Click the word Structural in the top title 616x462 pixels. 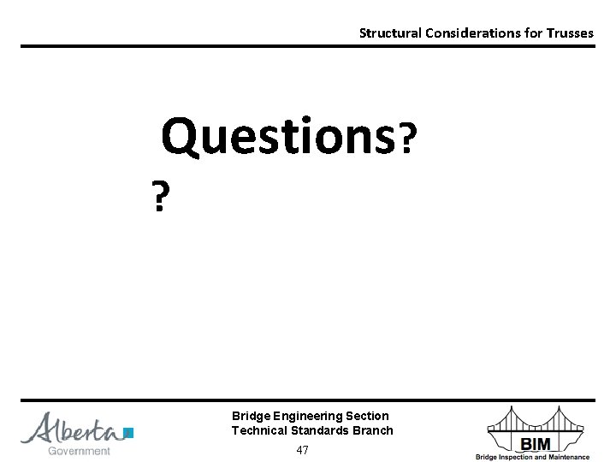tap(387, 33)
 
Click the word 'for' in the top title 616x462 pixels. tap(526, 33)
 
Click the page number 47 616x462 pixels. tap(302, 450)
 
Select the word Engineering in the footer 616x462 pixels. tap(305, 416)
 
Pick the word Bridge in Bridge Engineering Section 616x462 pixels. tap(249, 416)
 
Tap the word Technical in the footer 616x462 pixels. tap(259, 430)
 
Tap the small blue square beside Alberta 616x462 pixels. tap(128, 433)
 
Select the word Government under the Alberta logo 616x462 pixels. tap(79, 451)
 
